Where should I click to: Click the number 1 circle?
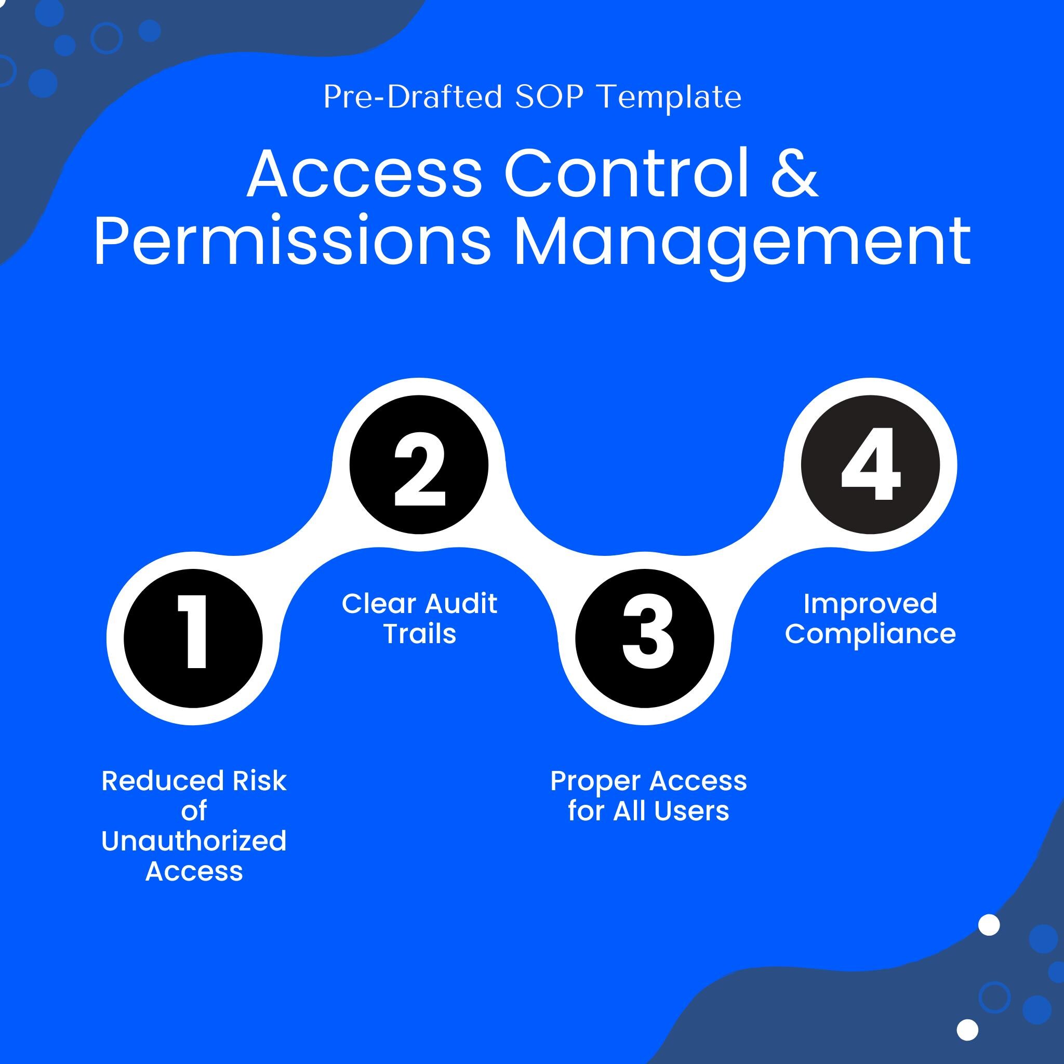[x=193, y=639]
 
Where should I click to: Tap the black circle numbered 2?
[x=419, y=464]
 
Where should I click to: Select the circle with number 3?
[x=645, y=639]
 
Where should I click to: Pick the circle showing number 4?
[x=871, y=464]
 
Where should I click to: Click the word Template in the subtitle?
[x=670, y=97]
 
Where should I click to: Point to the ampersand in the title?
[x=795, y=172]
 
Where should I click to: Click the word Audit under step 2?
[x=461, y=604]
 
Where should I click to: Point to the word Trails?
[x=420, y=634]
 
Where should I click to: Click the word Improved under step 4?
[x=870, y=605]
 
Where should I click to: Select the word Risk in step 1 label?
[x=259, y=781]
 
